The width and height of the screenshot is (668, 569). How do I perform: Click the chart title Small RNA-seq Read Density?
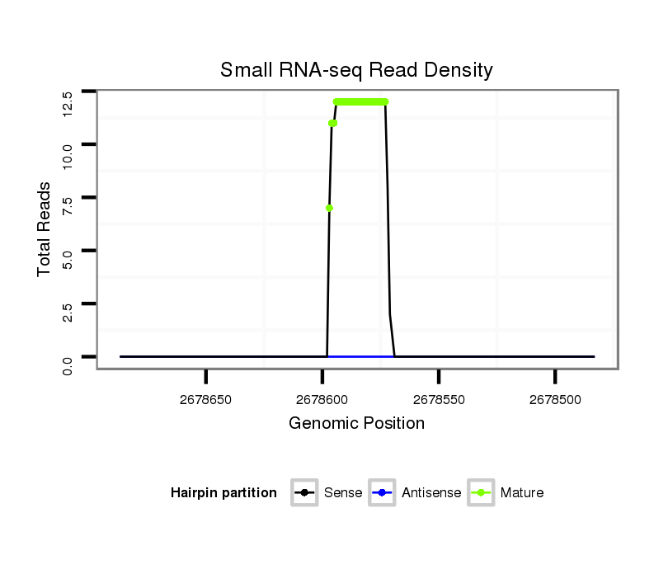[356, 70]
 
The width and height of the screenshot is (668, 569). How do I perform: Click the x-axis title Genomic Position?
[356, 424]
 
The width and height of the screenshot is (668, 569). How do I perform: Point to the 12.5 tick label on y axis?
[68, 104]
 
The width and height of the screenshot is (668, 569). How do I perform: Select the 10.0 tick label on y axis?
[68, 155]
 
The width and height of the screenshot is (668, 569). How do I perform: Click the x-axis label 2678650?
[206, 399]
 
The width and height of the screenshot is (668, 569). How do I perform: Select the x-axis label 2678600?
[322, 399]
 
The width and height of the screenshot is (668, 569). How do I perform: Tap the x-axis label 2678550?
[439, 399]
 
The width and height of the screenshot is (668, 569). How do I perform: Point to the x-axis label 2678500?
[555, 399]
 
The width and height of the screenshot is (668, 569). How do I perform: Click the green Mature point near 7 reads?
[329, 208]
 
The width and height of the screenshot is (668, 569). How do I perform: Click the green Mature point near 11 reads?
[332, 124]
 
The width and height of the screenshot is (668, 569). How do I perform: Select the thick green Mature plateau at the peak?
[360, 101]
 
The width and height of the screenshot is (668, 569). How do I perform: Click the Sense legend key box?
[304, 493]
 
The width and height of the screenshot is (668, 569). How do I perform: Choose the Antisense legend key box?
[383, 493]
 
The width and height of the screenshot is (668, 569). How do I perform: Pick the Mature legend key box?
[481, 493]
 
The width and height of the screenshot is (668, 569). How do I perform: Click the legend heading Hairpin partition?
[223, 493]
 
